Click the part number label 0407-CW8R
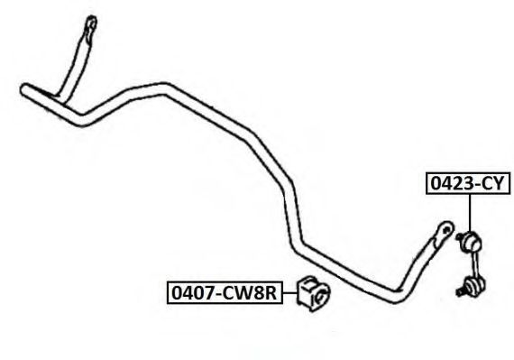click(225, 292)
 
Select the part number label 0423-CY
click(468, 183)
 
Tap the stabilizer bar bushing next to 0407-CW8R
click(314, 293)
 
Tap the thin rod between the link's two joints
click(473, 264)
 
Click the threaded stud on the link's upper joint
click(460, 236)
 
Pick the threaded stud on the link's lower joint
click(460, 291)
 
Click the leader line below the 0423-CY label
click(470, 213)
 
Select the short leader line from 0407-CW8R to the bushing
click(290, 293)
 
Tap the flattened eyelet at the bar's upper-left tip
click(90, 25)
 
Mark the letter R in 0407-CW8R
click(271, 293)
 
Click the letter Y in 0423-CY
click(497, 183)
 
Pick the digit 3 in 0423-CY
click(468, 183)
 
